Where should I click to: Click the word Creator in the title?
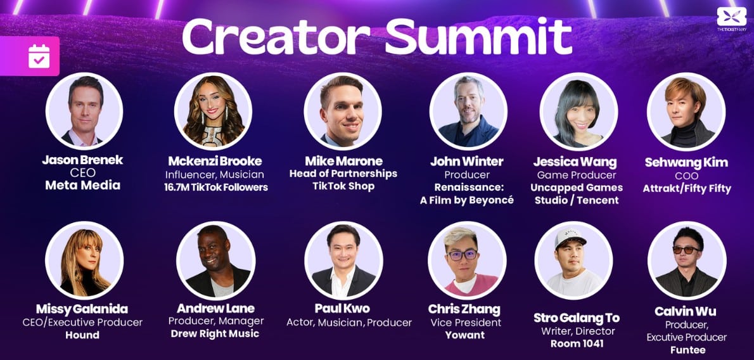[276, 37]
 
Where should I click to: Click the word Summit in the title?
[479, 37]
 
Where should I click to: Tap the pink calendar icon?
[39, 56]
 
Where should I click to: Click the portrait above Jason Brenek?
[84, 111]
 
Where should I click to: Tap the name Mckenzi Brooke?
[215, 161]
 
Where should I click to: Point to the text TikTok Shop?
[343, 186]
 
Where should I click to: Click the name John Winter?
[466, 162]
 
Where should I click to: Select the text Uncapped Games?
[577, 187]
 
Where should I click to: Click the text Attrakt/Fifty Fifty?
[687, 189]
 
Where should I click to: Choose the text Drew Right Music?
[215, 333]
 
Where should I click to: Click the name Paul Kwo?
[343, 308]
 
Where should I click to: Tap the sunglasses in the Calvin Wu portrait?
[686, 249]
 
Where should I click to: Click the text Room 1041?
[577, 344]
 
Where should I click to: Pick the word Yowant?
[464, 335]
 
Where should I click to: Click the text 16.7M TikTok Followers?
[216, 187]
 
